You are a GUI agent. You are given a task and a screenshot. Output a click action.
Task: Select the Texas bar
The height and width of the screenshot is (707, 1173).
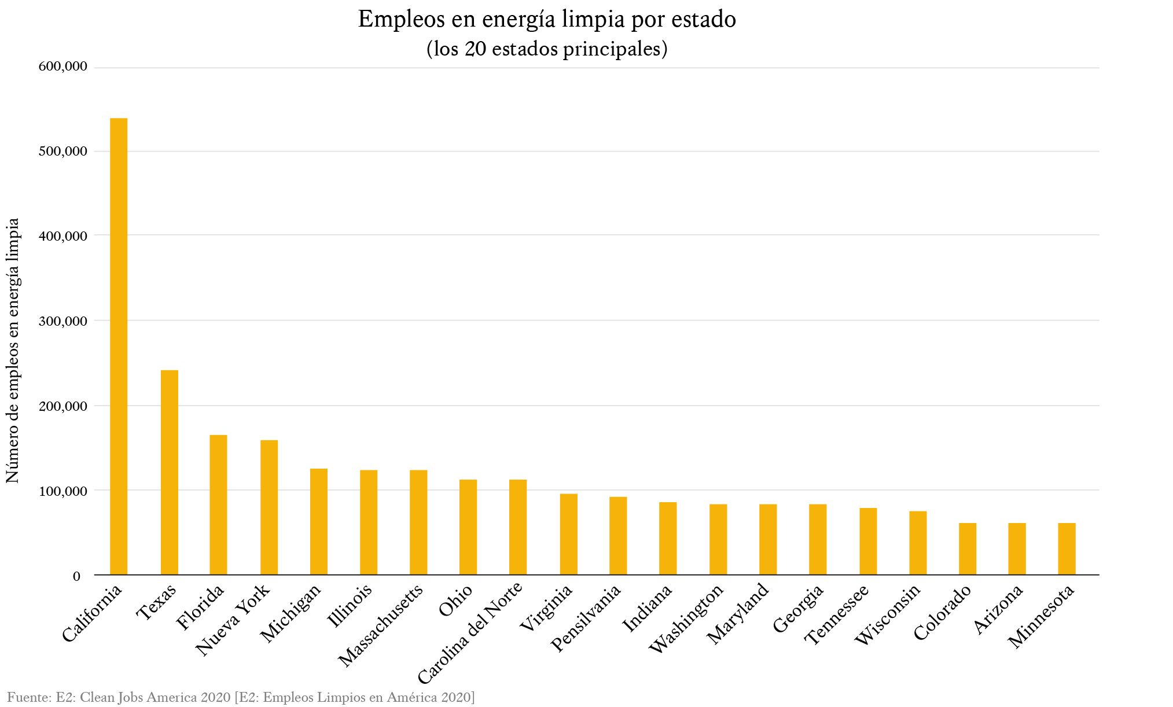pos(169,472)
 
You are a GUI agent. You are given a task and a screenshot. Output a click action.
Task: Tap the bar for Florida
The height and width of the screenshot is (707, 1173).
pos(218,505)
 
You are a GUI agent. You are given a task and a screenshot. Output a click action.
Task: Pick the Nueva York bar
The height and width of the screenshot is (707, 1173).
pos(269,507)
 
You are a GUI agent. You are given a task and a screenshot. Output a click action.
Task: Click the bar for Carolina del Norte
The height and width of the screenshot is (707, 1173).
pos(518,527)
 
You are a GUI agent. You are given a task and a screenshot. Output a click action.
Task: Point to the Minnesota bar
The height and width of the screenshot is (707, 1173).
pos(1067,548)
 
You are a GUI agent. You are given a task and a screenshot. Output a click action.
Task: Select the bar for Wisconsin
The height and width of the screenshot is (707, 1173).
pos(917,543)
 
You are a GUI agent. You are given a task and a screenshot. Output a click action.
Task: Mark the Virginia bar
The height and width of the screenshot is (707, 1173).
pos(568,534)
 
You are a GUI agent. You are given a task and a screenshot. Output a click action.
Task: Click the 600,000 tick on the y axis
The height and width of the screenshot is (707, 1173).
pos(63,67)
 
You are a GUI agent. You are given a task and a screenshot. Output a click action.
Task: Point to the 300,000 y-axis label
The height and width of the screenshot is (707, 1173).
pos(63,321)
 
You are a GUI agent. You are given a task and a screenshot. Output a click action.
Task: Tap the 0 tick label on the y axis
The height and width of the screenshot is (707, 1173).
pos(76,576)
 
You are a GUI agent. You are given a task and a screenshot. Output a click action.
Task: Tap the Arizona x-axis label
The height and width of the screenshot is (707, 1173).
pos(999,609)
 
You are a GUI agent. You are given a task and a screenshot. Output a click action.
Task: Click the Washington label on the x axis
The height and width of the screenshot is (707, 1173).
pos(687,618)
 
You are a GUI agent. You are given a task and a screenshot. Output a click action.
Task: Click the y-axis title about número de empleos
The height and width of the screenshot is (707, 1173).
pos(13,350)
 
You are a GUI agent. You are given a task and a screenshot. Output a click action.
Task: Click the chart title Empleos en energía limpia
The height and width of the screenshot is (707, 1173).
pos(546,20)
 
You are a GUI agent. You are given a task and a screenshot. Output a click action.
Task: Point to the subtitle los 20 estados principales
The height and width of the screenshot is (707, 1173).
pos(546,49)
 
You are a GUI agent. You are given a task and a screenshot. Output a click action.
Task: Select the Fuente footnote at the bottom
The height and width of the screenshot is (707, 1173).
pos(241,697)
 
